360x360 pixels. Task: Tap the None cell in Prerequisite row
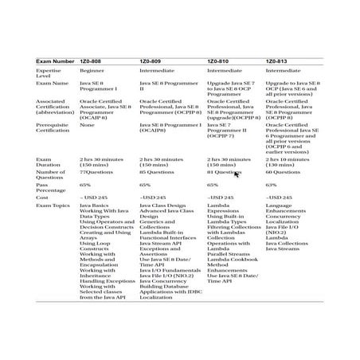click(x=88, y=124)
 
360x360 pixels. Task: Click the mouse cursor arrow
click(x=237, y=174)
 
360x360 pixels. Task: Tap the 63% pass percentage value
click(x=272, y=184)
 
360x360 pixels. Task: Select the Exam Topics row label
click(x=53, y=205)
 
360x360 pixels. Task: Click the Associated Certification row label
click(x=57, y=108)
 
